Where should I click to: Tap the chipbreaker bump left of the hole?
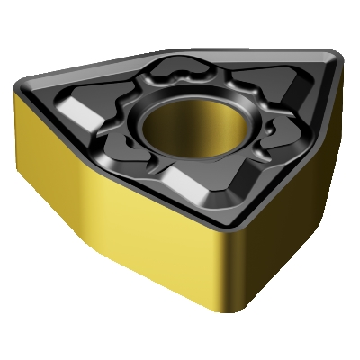coord(126,117)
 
